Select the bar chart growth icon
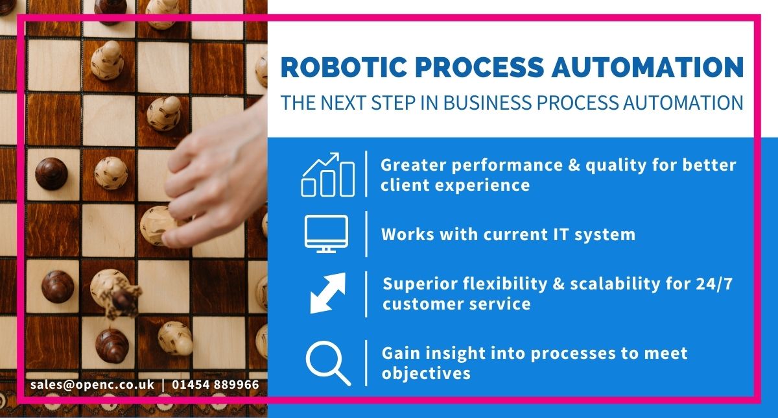[328, 175]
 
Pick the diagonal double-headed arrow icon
[327, 293]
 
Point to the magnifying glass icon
[327, 363]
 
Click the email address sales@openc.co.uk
[92, 385]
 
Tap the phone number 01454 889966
[215, 385]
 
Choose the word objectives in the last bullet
[426, 373]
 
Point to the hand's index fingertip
[170, 239]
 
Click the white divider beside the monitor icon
[366, 234]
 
